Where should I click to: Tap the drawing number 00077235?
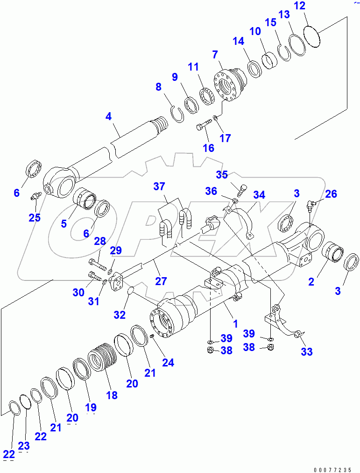pos(333,469)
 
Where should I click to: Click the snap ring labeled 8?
pos(176,114)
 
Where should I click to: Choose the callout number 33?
pos(306,351)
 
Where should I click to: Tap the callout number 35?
pos(222,174)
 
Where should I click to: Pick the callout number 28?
pos(100,241)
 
